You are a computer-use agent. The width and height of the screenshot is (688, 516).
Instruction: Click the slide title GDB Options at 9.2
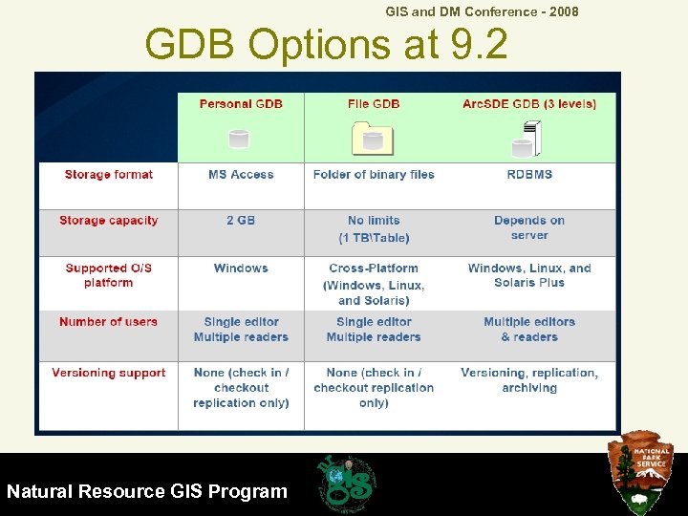point(326,45)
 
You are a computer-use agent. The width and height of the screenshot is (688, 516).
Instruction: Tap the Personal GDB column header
point(241,103)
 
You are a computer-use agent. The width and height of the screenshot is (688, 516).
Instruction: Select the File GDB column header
point(374,103)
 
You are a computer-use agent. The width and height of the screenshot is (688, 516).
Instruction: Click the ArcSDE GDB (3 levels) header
point(529,103)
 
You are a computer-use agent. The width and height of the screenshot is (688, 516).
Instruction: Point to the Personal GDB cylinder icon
point(239,139)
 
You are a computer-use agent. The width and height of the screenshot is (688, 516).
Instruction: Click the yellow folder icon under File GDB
point(373,140)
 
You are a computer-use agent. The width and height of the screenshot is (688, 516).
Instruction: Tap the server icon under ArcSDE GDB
point(525,140)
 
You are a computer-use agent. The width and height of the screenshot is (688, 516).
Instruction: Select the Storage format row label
point(108,175)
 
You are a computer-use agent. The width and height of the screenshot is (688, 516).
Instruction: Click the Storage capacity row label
point(108,221)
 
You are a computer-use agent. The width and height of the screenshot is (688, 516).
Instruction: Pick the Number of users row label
point(108,322)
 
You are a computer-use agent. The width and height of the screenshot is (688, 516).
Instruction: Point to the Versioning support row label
point(108,373)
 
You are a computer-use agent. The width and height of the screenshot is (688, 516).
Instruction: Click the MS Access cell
point(241,175)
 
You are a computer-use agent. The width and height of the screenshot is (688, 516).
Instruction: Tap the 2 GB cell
point(241,221)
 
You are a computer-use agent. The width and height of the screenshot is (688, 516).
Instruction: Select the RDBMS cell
point(529,175)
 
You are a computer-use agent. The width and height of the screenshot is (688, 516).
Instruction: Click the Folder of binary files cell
point(374,175)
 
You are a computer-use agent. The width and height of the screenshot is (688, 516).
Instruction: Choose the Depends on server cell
point(529,227)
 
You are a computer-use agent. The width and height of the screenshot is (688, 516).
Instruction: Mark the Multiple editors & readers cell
point(529,330)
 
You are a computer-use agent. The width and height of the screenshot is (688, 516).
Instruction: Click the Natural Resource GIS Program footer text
point(147,492)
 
